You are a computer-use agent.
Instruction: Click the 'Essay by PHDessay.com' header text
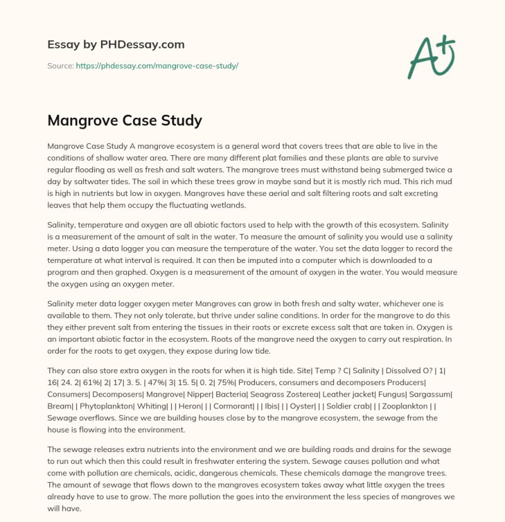(x=116, y=45)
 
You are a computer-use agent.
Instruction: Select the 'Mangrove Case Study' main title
(x=124, y=120)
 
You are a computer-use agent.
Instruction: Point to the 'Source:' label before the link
(x=61, y=66)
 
